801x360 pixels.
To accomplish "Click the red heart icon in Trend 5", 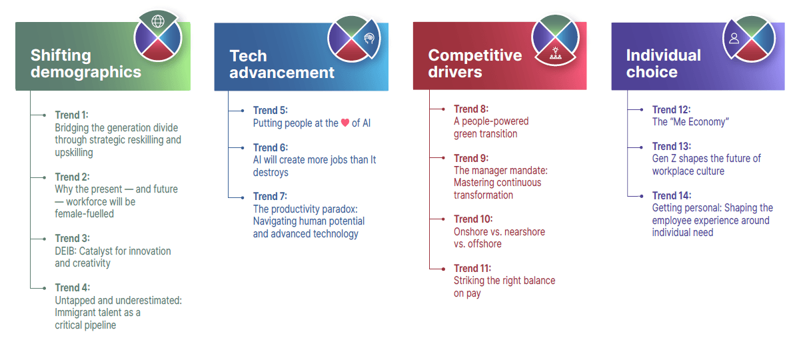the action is click(345, 123).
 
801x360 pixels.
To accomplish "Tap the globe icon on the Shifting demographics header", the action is click(158, 21).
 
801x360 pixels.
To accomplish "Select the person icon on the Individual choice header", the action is click(734, 38).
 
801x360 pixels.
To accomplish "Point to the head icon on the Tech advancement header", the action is click(369, 38).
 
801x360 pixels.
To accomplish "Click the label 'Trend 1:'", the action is click(71, 115).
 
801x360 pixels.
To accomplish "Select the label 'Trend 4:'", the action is click(72, 287).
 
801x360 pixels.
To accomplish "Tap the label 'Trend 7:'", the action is click(270, 196).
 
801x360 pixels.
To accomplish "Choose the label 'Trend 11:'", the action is click(472, 268).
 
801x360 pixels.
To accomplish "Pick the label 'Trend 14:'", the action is click(672, 195).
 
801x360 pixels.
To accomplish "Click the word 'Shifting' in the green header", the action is click(61, 55).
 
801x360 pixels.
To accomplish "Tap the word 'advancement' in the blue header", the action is click(282, 72).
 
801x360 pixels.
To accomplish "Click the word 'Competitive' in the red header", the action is click(475, 55).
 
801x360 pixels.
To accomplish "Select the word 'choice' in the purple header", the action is click(652, 72).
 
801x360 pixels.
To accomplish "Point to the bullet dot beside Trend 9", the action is click(443, 158).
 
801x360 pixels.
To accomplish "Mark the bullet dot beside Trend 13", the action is click(642, 147).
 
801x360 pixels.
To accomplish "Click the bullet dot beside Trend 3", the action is click(45, 239).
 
